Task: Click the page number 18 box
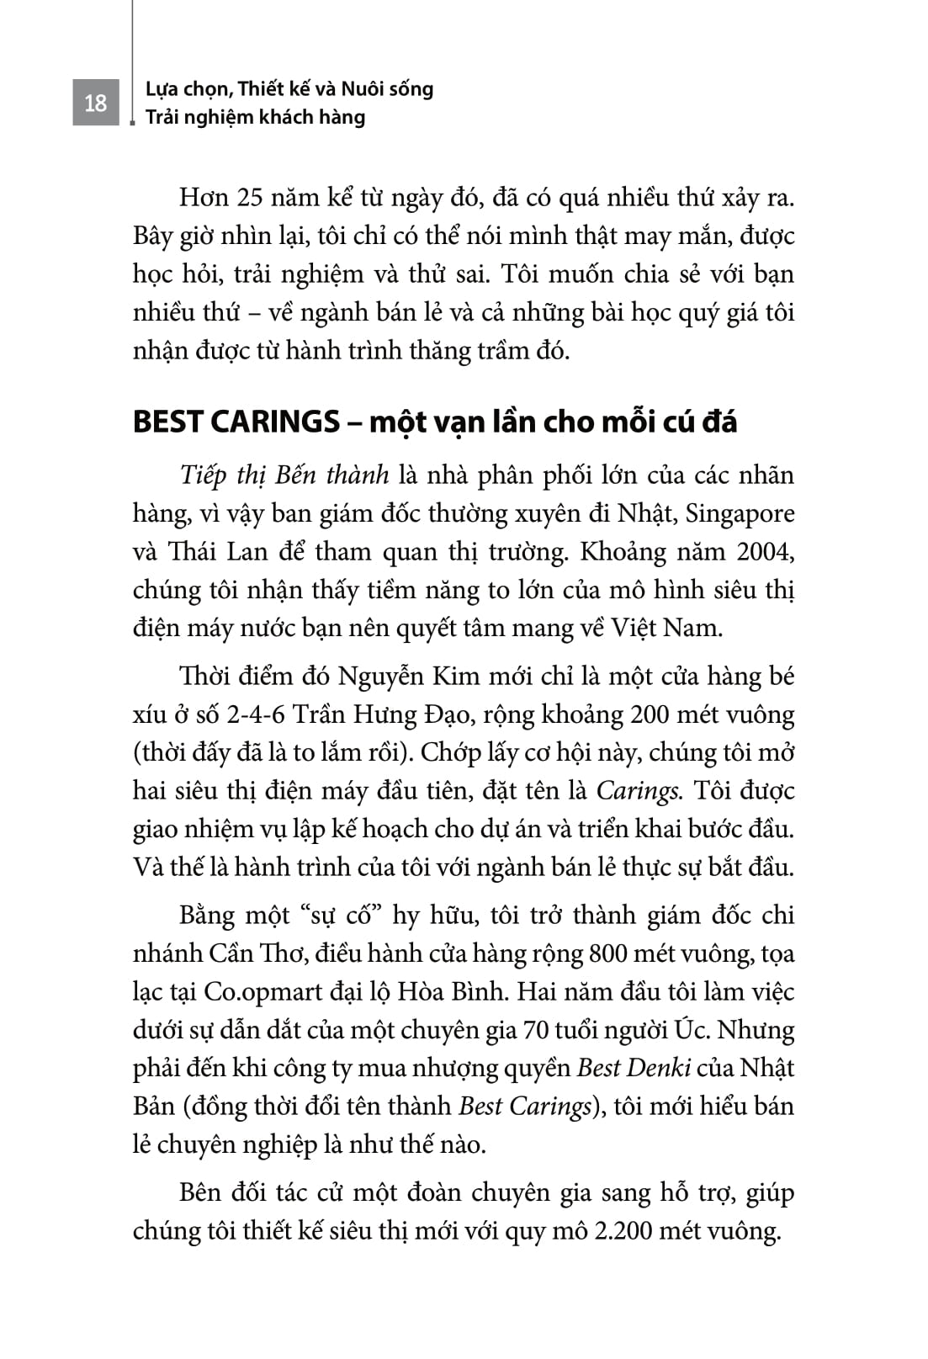95,103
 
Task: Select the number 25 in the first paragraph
256,199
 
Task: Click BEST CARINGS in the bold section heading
236,422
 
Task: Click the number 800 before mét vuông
607,953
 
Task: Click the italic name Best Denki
634,1068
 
